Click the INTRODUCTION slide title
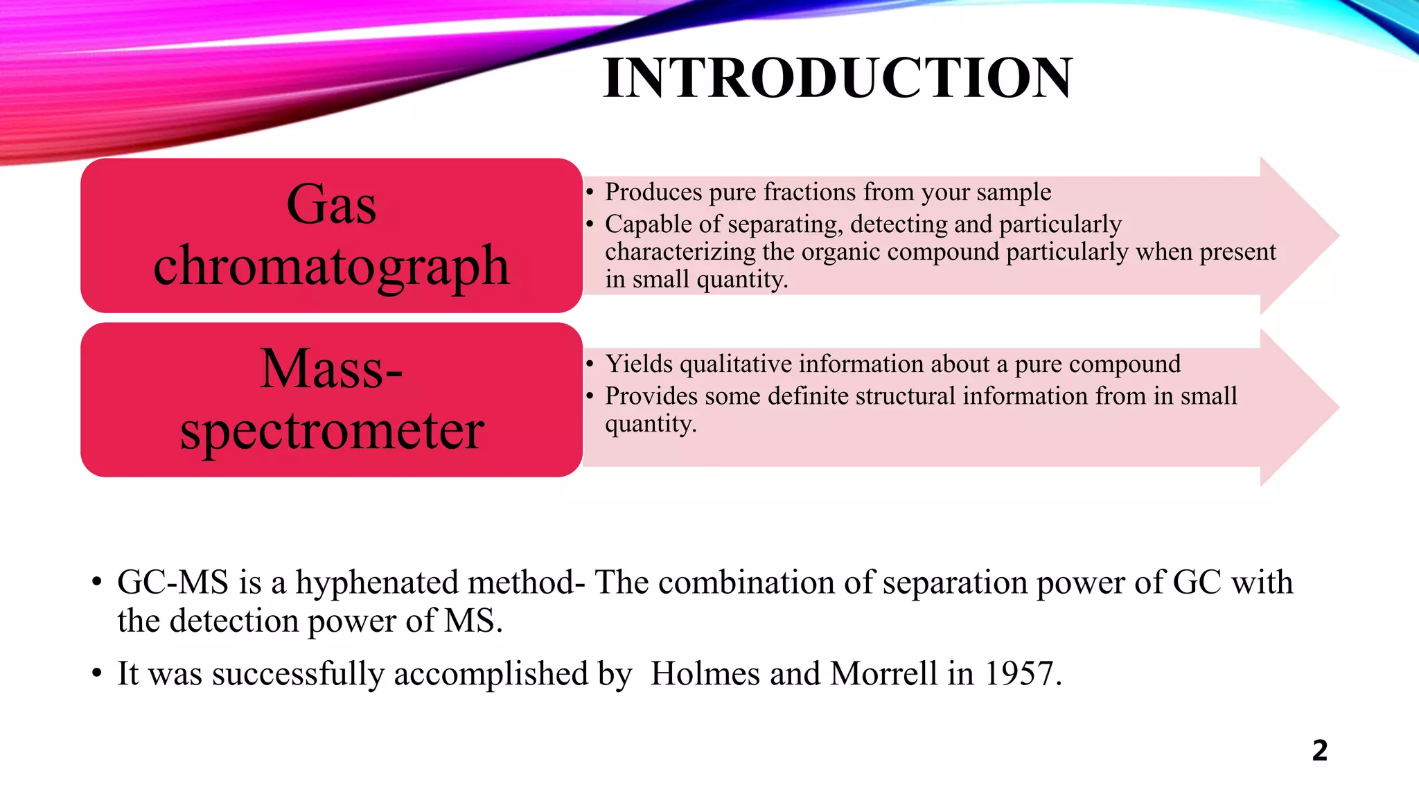pyautogui.click(x=838, y=78)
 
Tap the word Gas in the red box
pyautogui.click(x=331, y=204)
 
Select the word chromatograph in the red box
pyautogui.click(x=331, y=267)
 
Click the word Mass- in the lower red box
pyautogui.click(x=331, y=369)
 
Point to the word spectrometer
pyautogui.click(x=331, y=431)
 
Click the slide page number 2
pyautogui.click(x=1319, y=751)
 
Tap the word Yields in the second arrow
pyautogui.click(x=639, y=364)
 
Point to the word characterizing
pyautogui.click(x=680, y=251)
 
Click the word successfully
pyautogui.click(x=299, y=673)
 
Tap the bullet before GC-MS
pyautogui.click(x=97, y=582)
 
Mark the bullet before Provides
pyautogui.click(x=590, y=396)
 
